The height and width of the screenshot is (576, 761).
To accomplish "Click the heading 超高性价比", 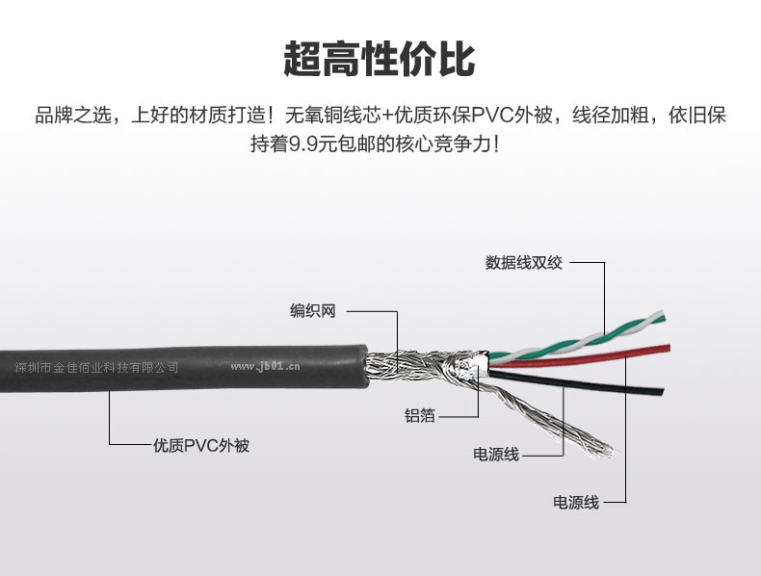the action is pyautogui.click(x=379, y=59).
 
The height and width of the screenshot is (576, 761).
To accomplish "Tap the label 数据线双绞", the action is pyautogui.click(x=524, y=263).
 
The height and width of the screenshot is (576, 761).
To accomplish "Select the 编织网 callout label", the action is pyautogui.click(x=312, y=310).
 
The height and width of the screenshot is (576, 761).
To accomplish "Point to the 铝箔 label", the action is pyautogui.click(x=420, y=415).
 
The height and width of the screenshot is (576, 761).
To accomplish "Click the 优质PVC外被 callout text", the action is pyautogui.click(x=201, y=445).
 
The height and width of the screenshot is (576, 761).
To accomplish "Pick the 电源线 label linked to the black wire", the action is pyautogui.click(x=496, y=455).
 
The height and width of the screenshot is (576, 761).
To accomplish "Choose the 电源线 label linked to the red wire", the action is pyautogui.click(x=576, y=502).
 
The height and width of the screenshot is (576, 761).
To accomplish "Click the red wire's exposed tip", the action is pyautogui.click(x=668, y=348).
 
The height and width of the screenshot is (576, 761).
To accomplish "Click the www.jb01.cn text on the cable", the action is pyautogui.click(x=265, y=366).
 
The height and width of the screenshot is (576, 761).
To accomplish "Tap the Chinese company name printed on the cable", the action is pyautogui.click(x=96, y=367).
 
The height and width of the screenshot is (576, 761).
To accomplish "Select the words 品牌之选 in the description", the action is pyautogui.click(x=73, y=116).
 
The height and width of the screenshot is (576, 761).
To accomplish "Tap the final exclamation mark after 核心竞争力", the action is pyautogui.click(x=495, y=144).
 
